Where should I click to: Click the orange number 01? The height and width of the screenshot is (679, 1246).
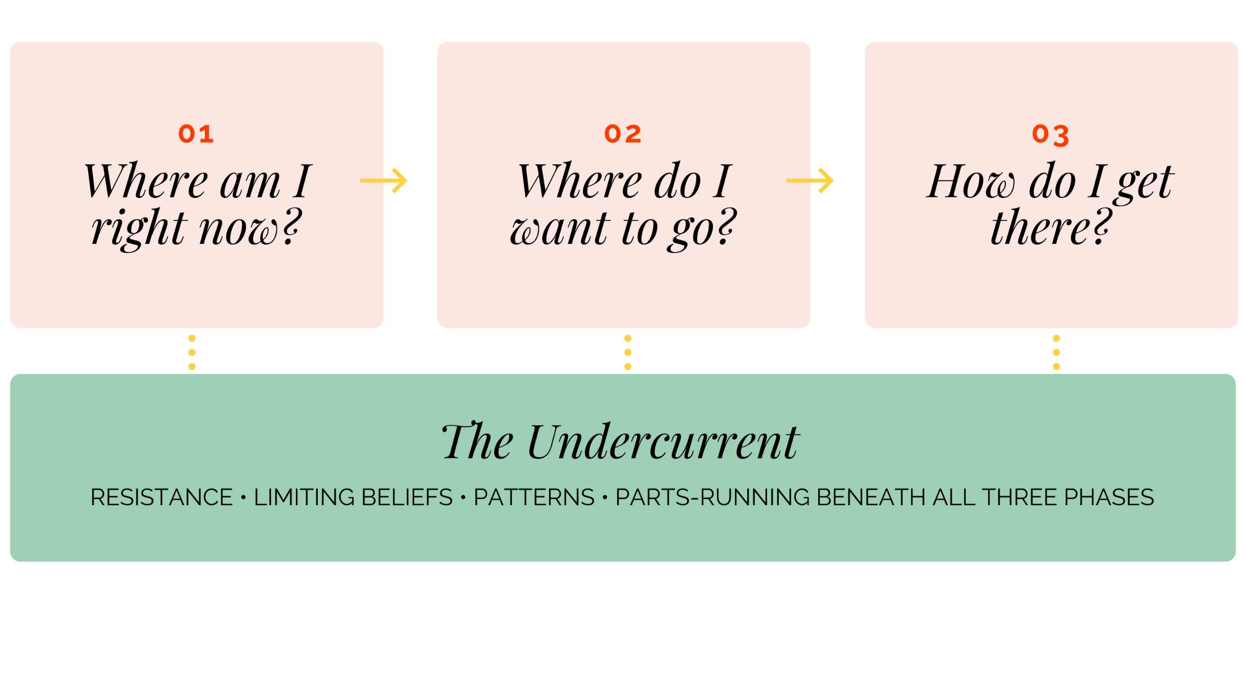pyautogui.click(x=196, y=134)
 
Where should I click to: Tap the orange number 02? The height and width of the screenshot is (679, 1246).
pyautogui.click(x=623, y=134)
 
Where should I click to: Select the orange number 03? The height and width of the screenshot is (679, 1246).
pyautogui.click(x=1050, y=135)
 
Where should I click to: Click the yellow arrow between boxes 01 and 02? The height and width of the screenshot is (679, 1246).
pyautogui.click(x=384, y=180)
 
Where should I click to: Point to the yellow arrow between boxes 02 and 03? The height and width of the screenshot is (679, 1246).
pyautogui.click(x=810, y=180)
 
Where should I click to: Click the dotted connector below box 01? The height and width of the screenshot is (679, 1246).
pyautogui.click(x=192, y=352)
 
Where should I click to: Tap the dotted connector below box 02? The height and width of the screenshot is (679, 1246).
pyautogui.click(x=628, y=352)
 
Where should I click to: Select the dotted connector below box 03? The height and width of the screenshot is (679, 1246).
pyautogui.click(x=1056, y=352)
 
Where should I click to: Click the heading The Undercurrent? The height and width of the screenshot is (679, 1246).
pyautogui.click(x=620, y=442)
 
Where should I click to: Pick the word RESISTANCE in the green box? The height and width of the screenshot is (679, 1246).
pyautogui.click(x=162, y=497)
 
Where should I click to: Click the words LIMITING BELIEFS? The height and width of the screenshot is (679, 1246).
pyautogui.click(x=353, y=497)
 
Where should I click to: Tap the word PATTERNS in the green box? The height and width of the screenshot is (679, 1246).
pyautogui.click(x=534, y=497)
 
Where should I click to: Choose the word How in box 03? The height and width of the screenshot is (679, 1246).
pyautogui.click(x=971, y=182)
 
